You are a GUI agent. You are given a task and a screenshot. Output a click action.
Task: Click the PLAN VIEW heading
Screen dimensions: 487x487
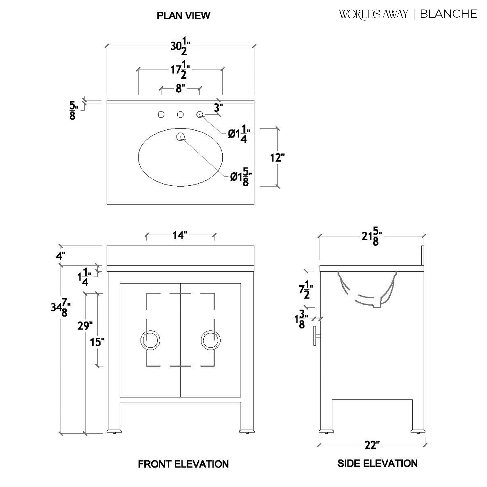(x=183, y=16)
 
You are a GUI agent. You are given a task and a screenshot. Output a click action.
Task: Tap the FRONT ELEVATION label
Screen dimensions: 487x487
(x=183, y=464)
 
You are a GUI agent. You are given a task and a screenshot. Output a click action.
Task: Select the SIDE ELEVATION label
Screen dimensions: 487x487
(x=377, y=463)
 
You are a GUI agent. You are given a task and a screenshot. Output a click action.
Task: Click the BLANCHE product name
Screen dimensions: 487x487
(x=448, y=14)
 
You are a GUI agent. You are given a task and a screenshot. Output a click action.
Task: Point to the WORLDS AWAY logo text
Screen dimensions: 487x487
(x=373, y=14)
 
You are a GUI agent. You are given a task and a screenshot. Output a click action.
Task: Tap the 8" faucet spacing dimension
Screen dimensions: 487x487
(x=180, y=89)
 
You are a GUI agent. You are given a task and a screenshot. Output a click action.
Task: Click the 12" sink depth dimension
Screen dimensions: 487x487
(x=277, y=158)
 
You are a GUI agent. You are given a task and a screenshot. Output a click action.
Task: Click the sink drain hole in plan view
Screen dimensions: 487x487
(x=181, y=137)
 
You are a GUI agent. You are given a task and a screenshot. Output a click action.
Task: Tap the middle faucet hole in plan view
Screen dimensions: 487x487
(x=180, y=115)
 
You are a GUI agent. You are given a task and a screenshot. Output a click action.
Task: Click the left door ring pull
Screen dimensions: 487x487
(x=150, y=340)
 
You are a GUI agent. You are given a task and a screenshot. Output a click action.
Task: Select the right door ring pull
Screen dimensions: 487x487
(x=211, y=340)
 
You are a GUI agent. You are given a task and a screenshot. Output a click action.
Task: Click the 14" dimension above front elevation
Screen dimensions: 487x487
(x=180, y=236)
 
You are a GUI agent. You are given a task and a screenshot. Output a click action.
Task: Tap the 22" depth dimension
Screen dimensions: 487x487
(x=372, y=445)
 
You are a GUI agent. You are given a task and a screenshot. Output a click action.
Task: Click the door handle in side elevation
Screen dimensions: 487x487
(x=316, y=336)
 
